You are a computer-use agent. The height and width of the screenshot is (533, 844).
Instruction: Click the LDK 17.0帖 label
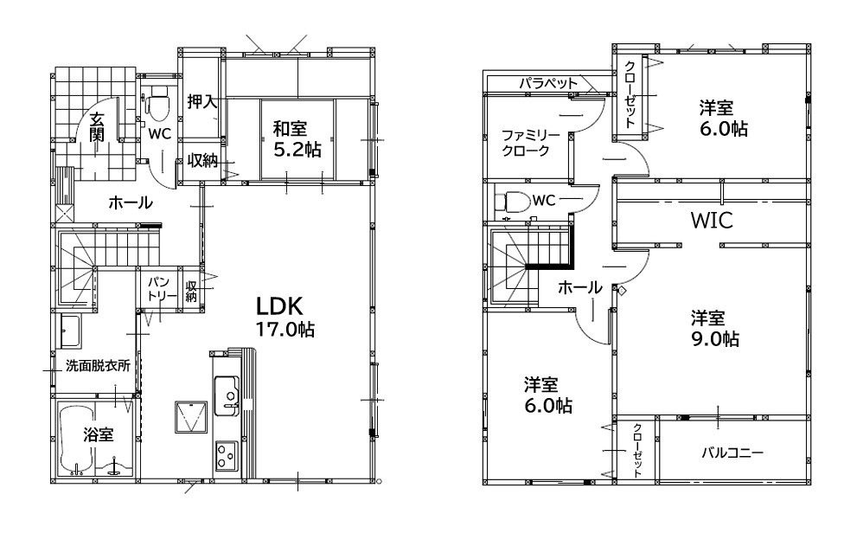pos(285,317)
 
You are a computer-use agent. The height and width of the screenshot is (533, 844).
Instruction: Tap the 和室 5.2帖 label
pos(297,139)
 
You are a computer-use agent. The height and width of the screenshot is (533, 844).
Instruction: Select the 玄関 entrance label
pos(97,126)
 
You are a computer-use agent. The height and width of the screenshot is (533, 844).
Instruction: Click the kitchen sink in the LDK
pos(227,395)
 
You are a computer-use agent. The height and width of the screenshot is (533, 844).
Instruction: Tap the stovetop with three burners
pos(227,455)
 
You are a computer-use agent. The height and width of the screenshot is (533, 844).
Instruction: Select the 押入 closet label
pos(201,102)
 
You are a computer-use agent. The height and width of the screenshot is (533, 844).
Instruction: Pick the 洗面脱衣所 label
pos(98,366)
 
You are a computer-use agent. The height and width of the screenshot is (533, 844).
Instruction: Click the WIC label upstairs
pos(712,220)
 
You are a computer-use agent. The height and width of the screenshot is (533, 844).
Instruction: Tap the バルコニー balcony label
pos(732,453)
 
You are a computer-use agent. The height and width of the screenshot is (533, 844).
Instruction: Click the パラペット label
pos(548,83)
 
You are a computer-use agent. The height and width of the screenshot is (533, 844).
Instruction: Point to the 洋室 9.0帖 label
pos(715,329)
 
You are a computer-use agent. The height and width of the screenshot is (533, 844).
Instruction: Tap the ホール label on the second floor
pos(579,287)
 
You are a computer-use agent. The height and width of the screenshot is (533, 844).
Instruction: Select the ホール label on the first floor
pos(131,203)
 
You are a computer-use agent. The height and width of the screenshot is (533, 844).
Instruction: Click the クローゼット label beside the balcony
pos(636,451)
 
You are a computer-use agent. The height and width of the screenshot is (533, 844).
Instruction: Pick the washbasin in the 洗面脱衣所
pos(70,331)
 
